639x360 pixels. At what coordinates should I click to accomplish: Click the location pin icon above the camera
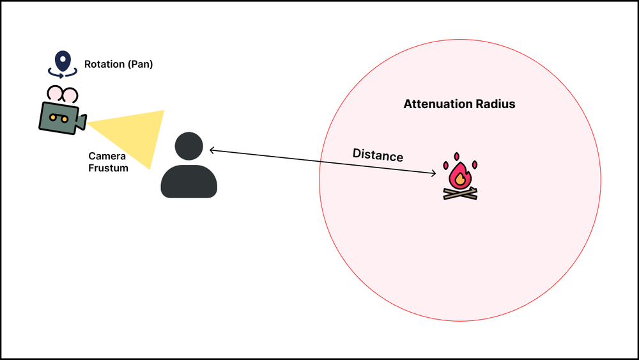pos(62,61)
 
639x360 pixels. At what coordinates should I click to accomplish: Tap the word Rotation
pos(104,65)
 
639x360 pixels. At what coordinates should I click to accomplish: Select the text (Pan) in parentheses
pos(140,65)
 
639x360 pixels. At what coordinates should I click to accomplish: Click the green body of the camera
pos(57,116)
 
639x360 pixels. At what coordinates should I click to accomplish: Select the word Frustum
pos(109,168)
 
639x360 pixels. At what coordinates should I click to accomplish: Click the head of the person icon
pos(189,146)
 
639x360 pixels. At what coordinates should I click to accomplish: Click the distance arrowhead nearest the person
pos(212,151)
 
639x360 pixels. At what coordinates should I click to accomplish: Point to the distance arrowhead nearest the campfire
pos(434,173)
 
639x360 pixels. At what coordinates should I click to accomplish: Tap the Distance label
pos(378,155)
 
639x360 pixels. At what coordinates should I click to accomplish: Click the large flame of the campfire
pos(459,175)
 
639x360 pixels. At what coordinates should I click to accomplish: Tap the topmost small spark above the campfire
pos(456,156)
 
